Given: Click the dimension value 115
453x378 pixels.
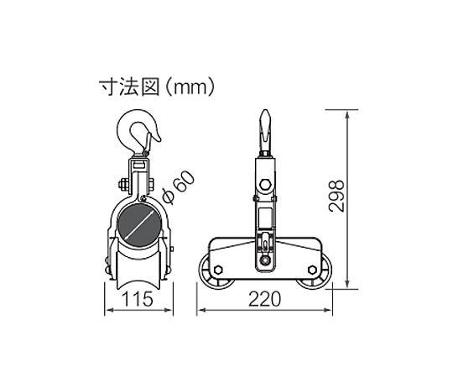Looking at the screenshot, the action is tap(138, 299).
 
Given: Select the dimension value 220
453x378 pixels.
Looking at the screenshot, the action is tap(264, 299).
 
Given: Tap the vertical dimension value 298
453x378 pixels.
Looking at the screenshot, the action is tap(336, 196).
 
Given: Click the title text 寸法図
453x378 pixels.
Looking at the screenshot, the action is tap(129, 87).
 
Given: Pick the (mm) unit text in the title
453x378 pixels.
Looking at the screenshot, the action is tap(191, 87).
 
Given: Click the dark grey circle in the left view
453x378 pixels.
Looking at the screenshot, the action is tap(139, 225).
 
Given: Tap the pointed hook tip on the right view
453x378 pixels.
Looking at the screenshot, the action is tap(265, 111).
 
